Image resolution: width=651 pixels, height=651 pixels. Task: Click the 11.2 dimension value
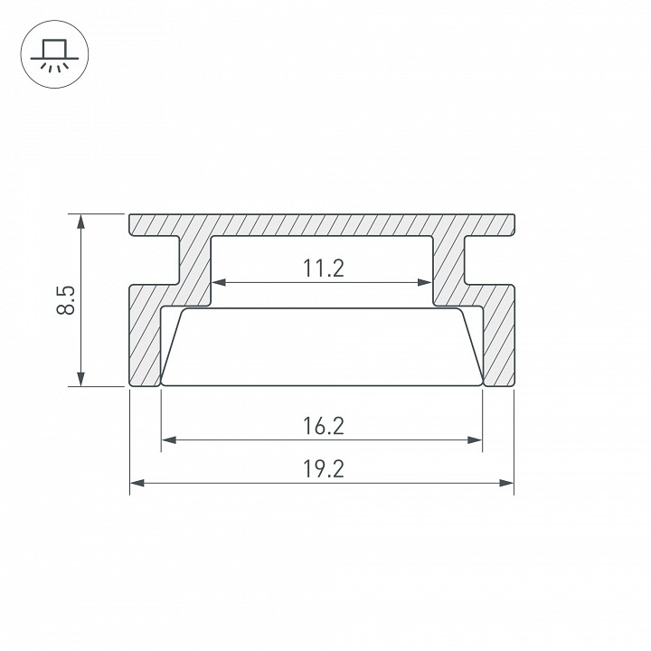coord(324,269)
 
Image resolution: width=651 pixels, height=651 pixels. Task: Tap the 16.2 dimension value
coord(324,426)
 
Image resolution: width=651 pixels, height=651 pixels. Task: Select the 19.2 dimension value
coord(324,469)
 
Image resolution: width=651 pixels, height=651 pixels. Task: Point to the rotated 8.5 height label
coord(66,300)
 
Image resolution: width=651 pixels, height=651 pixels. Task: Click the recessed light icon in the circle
coord(54,56)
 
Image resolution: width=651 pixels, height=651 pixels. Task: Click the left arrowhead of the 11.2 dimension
coord(219,282)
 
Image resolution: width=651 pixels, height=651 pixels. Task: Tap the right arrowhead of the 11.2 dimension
coord(424,282)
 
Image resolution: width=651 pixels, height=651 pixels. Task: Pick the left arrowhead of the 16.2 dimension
coord(168,440)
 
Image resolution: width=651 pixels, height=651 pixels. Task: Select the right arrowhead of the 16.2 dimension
coord(475,440)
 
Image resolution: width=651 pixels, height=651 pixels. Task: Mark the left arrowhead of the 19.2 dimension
coord(137,483)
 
